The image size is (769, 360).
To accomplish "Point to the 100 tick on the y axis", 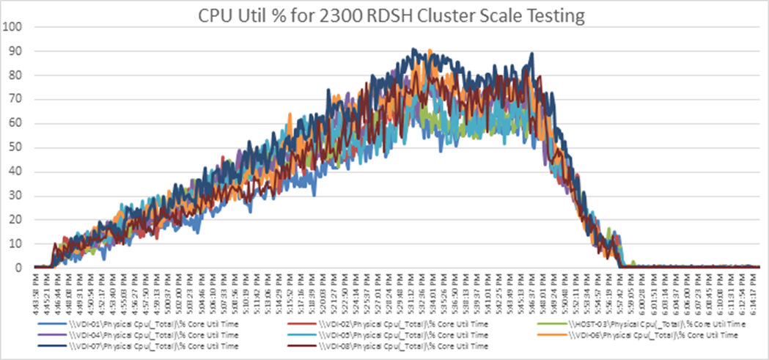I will tap(14, 28).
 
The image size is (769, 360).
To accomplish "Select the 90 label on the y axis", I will tap(16, 52).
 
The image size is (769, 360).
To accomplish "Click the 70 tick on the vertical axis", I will tap(16, 100).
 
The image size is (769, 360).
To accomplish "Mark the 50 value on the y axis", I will tap(16, 148).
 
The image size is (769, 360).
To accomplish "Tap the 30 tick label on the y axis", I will tap(16, 196).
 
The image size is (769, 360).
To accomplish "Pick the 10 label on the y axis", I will tap(16, 244).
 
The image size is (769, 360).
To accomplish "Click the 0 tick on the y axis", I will tap(18, 268).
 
